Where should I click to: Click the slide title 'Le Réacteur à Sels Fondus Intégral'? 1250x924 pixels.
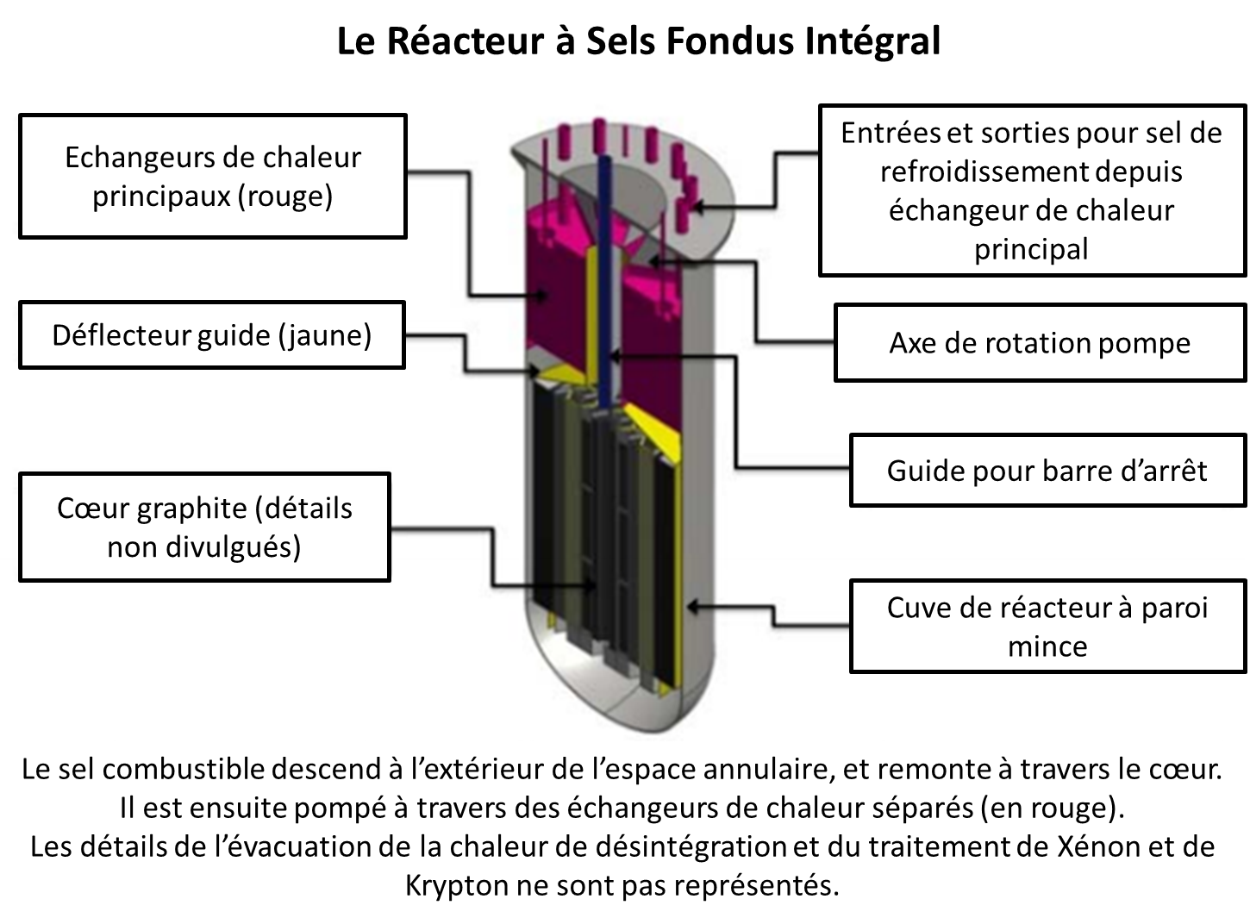(638, 41)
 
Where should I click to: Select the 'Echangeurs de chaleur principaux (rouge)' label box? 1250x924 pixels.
(212, 177)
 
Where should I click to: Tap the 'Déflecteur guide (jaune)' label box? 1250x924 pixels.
(211, 334)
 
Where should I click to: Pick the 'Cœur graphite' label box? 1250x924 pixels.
(204, 527)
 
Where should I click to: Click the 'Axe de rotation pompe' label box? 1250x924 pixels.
(1040, 342)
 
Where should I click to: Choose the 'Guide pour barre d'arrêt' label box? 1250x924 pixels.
(1047, 471)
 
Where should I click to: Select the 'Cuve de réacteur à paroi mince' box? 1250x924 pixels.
(1047, 627)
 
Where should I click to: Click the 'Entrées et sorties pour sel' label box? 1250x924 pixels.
(1031, 190)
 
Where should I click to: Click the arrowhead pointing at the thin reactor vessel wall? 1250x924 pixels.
(691, 607)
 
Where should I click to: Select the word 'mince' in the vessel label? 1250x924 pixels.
(1047, 646)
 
